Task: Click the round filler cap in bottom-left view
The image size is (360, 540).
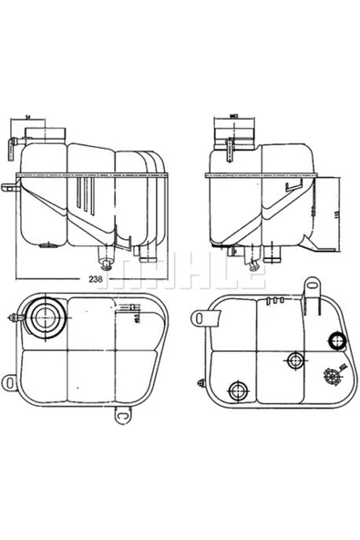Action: coord(42,317)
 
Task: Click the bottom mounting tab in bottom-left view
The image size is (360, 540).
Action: coord(120,417)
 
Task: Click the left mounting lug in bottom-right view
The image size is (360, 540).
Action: coord(206,317)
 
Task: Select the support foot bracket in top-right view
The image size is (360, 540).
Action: coord(319,244)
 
